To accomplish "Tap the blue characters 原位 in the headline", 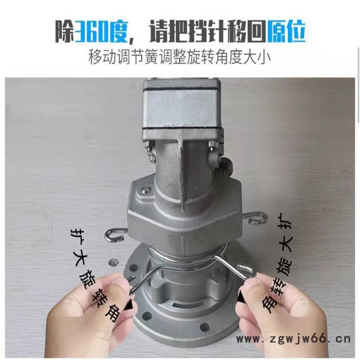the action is (287, 31).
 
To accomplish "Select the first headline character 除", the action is (65, 31).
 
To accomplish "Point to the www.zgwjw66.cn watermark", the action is (293, 338).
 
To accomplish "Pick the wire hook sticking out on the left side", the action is (114, 235).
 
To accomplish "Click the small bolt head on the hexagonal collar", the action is (145, 190).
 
